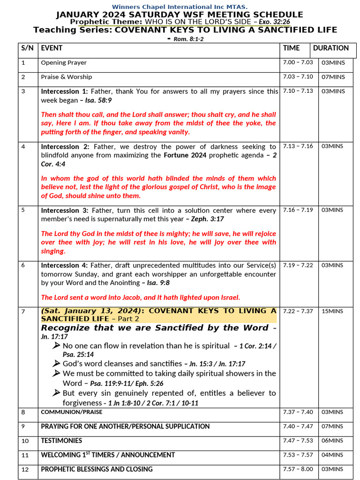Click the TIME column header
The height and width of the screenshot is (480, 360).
tap(291, 48)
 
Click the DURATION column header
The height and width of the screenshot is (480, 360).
tap(331, 48)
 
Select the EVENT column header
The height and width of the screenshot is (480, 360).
tap(52, 48)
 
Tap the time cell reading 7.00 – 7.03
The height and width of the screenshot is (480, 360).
tap(298, 62)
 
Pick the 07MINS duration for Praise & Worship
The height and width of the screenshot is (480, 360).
tap(333, 77)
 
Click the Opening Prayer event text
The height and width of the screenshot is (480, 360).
tap(64, 62)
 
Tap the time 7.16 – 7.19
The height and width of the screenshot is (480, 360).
tap(298, 210)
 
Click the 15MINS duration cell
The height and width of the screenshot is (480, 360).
tap(332, 311)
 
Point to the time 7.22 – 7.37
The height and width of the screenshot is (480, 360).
tap(298, 311)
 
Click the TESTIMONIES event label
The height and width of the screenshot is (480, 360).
tap(61, 441)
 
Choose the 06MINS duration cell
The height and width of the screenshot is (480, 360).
tap(332, 441)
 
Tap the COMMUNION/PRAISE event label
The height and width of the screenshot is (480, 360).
tap(72, 412)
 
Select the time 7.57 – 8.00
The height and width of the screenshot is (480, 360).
tap(298, 469)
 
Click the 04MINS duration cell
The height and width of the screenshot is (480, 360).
tap(332, 455)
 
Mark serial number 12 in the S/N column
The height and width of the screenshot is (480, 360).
tap(25, 469)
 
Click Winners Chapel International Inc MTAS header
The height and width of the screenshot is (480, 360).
tap(180, 7)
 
